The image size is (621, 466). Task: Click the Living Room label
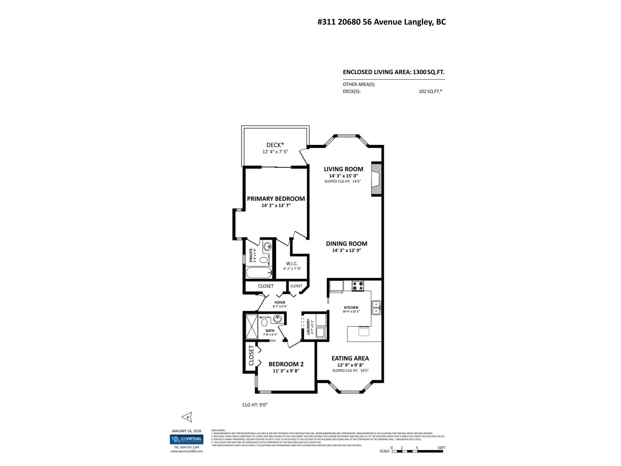(343, 169)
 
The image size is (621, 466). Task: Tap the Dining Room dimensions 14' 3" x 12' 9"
(347, 250)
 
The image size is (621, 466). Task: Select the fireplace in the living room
(376, 179)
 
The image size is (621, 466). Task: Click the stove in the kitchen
(358, 286)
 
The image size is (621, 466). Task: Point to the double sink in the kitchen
(376, 308)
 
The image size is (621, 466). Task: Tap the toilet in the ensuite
(264, 259)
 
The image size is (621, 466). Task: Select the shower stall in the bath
(252, 327)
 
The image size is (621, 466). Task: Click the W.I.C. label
(292, 264)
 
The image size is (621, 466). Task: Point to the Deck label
(275, 145)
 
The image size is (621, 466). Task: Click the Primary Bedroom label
(276, 198)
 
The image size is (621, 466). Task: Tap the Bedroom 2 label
(286, 364)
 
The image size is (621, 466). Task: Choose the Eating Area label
(350, 358)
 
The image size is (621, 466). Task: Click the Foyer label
(280, 303)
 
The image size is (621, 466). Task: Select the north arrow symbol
(187, 417)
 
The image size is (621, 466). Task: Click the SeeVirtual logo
(186, 439)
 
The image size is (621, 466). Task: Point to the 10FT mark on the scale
(441, 448)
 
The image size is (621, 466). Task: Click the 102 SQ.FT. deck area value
(430, 92)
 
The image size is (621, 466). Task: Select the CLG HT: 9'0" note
(255, 405)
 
